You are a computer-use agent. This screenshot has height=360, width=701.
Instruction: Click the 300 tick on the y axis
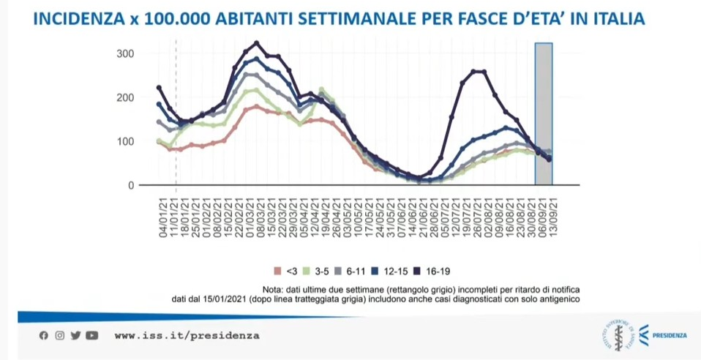[x=126, y=54]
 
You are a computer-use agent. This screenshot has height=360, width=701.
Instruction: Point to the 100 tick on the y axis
[x=126, y=141]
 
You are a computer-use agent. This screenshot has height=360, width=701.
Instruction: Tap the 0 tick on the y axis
[x=132, y=185]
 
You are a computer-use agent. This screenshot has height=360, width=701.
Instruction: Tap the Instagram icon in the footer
[x=59, y=336]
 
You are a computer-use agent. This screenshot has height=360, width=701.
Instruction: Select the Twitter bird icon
[x=75, y=336]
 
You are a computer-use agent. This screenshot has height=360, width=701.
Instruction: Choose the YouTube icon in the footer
[x=91, y=336]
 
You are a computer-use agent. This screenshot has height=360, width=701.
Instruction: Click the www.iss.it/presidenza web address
[x=187, y=336]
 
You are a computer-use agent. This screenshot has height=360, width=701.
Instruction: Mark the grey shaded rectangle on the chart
[x=543, y=113]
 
